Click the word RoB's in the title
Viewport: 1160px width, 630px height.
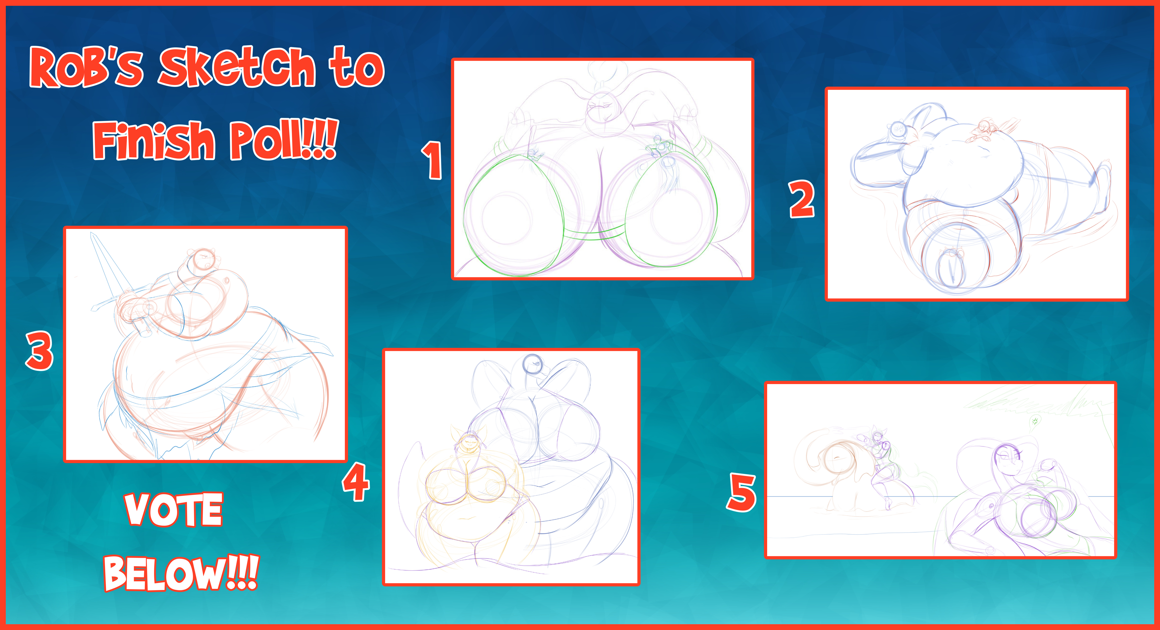click(86, 67)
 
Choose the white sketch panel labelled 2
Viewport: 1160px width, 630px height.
click(976, 194)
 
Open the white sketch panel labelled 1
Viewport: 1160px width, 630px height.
click(602, 169)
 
